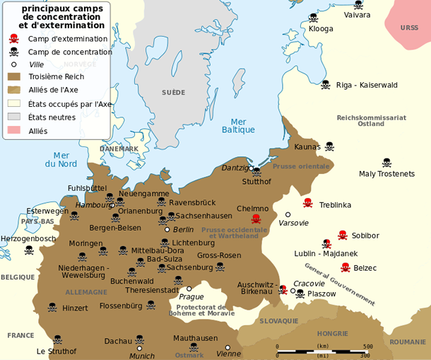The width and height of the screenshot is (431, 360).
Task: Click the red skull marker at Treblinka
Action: pyautogui.click(x=307, y=203)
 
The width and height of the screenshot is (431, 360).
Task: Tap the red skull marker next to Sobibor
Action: pyautogui.click(x=343, y=235)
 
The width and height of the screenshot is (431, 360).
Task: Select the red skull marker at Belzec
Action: pyautogui.click(x=346, y=267)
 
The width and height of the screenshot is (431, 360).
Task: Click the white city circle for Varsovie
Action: pyautogui.click(x=288, y=214)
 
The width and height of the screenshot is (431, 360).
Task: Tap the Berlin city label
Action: pyautogui.click(x=183, y=229)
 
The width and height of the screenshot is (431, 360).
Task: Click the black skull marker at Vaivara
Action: pyautogui.click(x=358, y=5)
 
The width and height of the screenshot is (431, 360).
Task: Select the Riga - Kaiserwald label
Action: pyautogui.click(x=367, y=85)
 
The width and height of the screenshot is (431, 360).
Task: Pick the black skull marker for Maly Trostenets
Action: pyautogui.click(x=386, y=163)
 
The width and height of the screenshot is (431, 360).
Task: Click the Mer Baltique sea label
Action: pyautogui.click(x=238, y=125)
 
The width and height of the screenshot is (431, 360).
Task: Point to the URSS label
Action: pyautogui.click(x=409, y=28)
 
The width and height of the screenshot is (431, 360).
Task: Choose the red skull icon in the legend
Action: pyautogui.click(x=13, y=39)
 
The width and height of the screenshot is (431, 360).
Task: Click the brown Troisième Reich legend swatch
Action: pyautogui.click(x=14, y=76)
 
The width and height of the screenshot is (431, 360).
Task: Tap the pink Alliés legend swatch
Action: pyautogui.click(x=14, y=130)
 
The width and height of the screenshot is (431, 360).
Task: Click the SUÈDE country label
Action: pyautogui.click(x=173, y=93)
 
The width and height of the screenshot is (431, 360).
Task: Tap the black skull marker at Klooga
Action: pyautogui.click(x=313, y=18)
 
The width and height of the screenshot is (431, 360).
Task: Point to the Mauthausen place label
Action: pyautogui.click(x=197, y=338)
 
